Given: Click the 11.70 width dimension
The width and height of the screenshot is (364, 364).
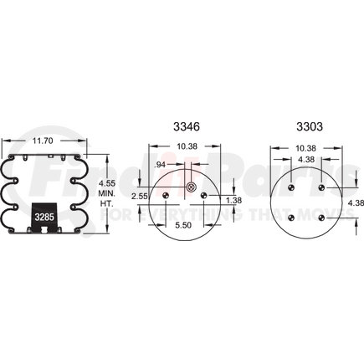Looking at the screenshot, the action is coord(43,141).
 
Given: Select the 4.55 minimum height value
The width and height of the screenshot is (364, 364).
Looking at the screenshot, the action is coord(106,183).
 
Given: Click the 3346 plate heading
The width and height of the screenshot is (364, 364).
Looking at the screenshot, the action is coord(187,126).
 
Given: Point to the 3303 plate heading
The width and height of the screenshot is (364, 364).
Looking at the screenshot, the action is coord(310,126).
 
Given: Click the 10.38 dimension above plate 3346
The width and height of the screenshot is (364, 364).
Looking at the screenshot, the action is coord(187,146).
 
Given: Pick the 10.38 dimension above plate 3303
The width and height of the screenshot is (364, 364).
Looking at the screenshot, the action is coord(305,148).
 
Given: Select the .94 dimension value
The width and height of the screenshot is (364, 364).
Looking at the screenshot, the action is coord(160,165).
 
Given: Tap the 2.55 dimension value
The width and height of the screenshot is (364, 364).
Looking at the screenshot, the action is coord(140,197).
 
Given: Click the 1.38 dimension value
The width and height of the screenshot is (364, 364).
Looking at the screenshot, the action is coord(233,200).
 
